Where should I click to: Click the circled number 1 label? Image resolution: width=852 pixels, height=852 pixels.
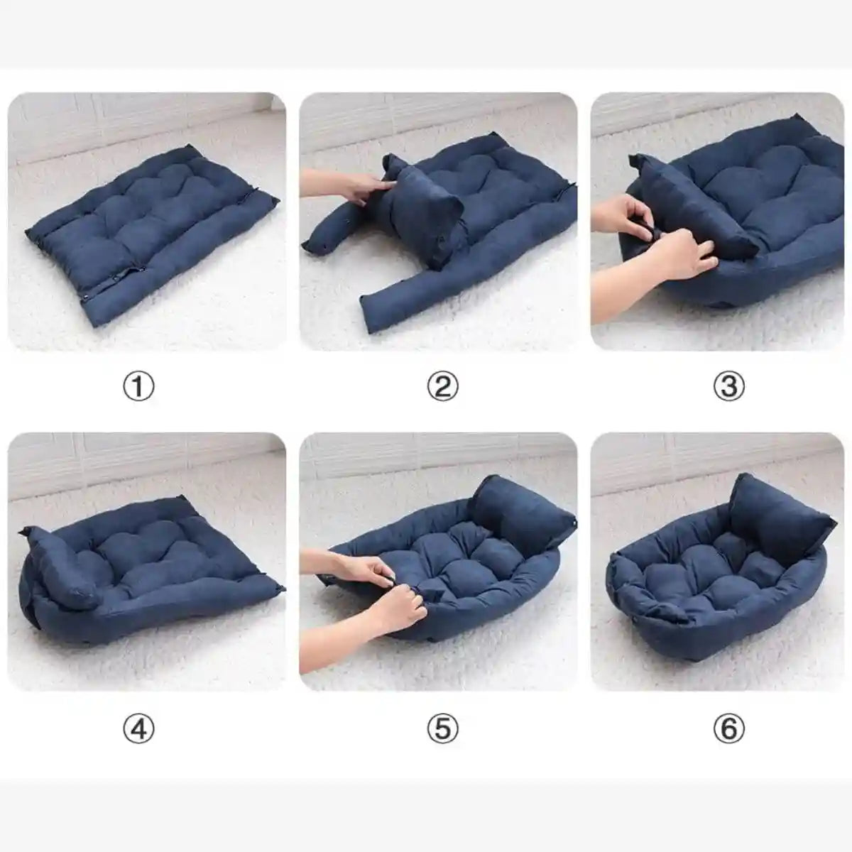(138, 386)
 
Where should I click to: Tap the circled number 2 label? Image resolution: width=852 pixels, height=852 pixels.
(442, 386)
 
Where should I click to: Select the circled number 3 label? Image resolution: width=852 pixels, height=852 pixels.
(728, 386)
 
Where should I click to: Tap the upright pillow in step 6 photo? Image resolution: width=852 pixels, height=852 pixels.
(776, 514)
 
